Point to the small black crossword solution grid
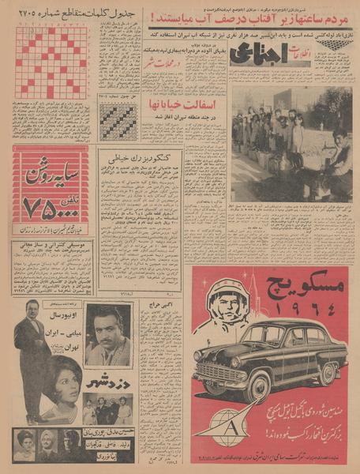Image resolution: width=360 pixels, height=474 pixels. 117,122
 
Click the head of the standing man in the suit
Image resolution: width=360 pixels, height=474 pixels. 32,310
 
